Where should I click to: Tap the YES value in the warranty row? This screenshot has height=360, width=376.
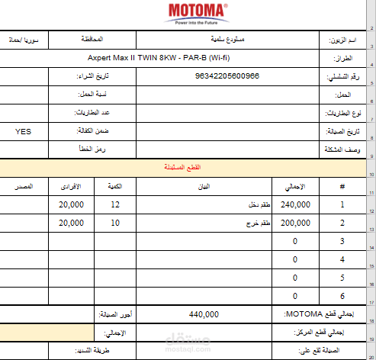(x=24, y=131)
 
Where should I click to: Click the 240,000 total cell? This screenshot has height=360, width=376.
(x=295, y=205)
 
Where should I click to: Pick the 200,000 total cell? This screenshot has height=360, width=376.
(x=295, y=223)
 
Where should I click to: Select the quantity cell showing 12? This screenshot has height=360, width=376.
(x=115, y=205)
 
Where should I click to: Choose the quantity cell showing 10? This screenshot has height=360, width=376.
(x=115, y=223)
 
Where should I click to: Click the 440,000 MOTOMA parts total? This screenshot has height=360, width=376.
(x=204, y=314)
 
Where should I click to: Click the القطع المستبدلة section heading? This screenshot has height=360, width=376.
(x=188, y=167)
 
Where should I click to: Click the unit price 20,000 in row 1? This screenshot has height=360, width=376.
(x=71, y=205)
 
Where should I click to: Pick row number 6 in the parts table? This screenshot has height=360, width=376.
(x=342, y=295)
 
